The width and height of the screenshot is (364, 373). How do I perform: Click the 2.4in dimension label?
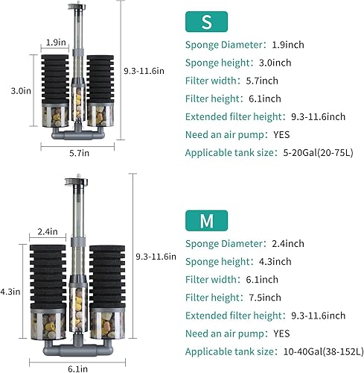[x=48, y=232]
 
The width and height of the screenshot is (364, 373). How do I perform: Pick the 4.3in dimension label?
[x=12, y=291]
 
